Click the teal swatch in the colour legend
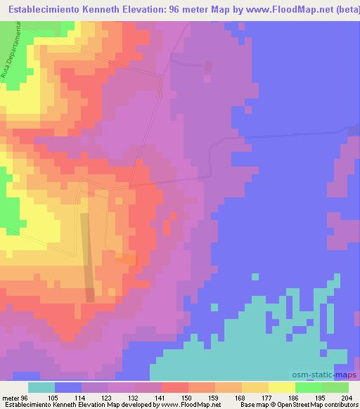(41, 387)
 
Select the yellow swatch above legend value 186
(282, 387)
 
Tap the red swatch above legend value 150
(175, 387)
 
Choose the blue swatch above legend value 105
(68, 387)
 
